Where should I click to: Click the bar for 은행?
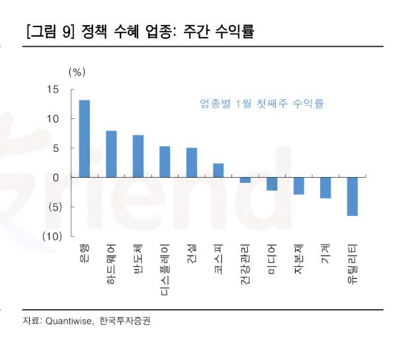coord(84,139)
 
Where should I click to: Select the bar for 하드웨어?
coord(111,154)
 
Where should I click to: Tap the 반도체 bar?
coord(138,156)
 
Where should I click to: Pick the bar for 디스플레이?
coord(165,162)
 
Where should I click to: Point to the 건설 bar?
coord(192,162)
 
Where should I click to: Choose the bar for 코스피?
coord(218,170)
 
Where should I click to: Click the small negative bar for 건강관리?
coord(245,180)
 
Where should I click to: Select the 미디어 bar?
coord(272,184)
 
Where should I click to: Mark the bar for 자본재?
coord(298,186)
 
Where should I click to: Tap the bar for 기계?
coord(325,188)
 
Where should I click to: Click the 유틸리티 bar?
coord(352,196)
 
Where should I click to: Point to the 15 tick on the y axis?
coord(53,90)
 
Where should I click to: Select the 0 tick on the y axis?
coord(56,177)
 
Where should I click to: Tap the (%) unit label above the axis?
coord(77,71)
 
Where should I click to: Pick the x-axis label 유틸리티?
coord(352,261)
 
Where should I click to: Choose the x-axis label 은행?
coord(84,252)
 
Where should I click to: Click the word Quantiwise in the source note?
coord(69,321)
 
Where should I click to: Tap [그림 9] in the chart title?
coord(50,31)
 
